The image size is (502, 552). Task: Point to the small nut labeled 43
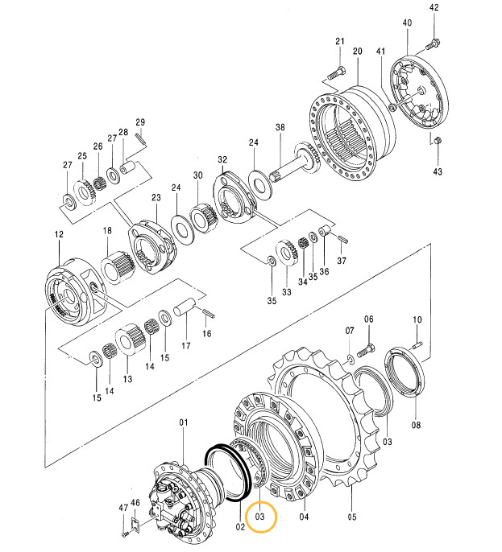437,142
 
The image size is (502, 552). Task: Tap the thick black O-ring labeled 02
223,474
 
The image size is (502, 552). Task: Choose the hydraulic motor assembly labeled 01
178,495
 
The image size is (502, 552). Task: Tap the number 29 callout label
139,122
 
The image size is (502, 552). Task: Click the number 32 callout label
222,159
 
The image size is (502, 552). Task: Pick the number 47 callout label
123,508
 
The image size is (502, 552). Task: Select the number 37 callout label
341,261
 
